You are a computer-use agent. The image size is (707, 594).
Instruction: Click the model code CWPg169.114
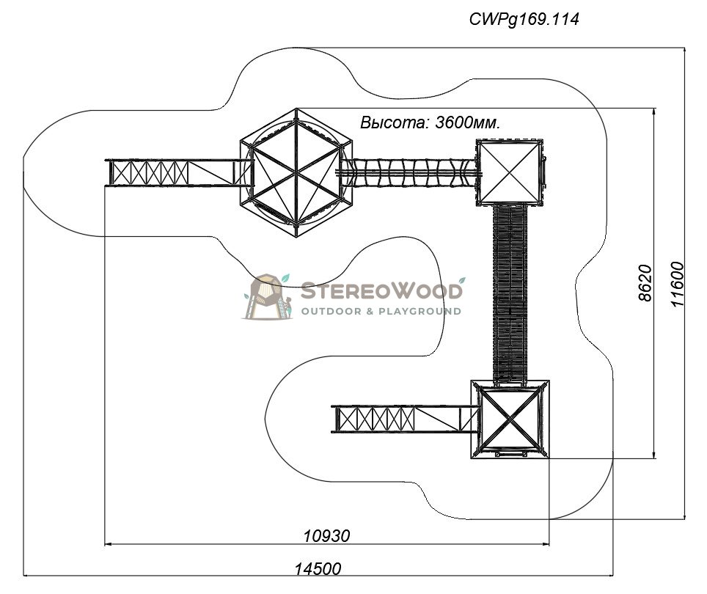coord(524,19)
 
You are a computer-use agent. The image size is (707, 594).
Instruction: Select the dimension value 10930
coord(326,536)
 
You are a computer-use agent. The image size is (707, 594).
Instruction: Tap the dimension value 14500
coord(318,569)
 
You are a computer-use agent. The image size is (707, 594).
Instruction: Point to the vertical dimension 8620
coord(645,283)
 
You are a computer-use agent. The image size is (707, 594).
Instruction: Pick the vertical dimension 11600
coord(677,284)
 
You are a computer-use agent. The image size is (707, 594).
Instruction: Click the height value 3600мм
coord(468,122)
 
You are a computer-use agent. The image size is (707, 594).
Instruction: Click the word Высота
coord(395,122)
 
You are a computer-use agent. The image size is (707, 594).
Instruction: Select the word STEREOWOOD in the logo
coord(381,290)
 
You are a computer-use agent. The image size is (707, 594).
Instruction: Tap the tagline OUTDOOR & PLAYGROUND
coord(381,312)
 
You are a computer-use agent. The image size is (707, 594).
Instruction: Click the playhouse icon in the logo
coord(268,296)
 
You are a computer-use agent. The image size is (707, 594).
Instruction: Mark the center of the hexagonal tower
coord(296,172)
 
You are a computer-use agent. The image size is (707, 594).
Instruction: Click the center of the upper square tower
coord(510,172)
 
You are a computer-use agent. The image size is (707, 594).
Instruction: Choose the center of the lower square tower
coord(510,419)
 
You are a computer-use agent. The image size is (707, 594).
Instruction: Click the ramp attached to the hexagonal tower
coord(179,172)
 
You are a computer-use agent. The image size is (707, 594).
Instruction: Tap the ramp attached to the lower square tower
coord(406,419)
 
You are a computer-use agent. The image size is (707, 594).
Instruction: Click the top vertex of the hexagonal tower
coord(296,109)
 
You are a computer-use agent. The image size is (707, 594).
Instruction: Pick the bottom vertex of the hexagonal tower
coord(296,237)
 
